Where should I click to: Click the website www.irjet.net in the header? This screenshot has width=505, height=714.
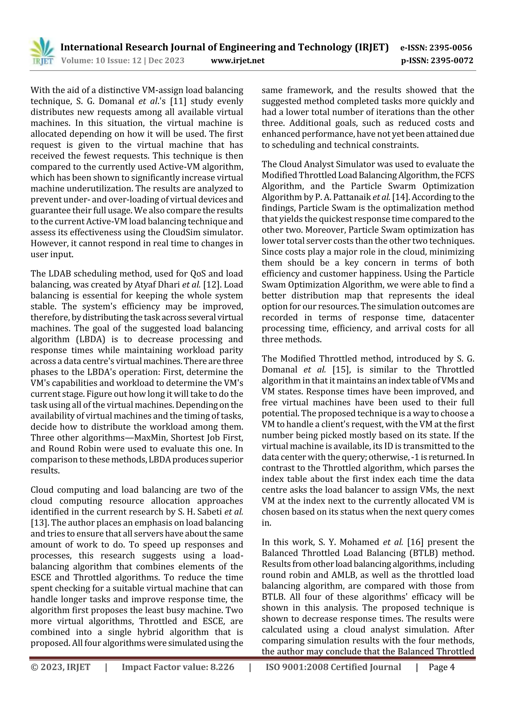pos(238,60)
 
